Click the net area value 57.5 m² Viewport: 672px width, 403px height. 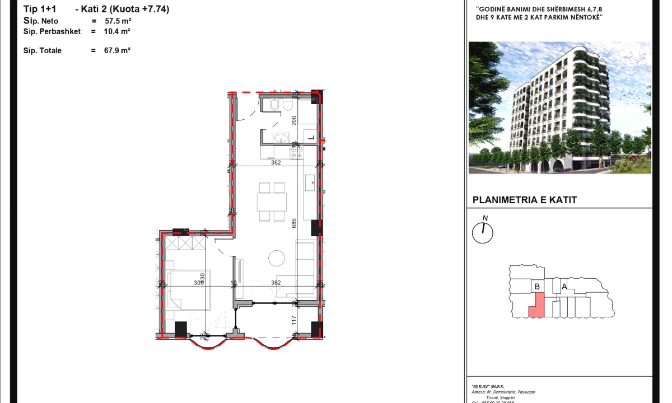coord(118,21)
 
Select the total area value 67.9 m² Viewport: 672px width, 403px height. coord(117,50)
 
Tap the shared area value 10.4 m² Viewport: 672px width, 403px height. coord(117,32)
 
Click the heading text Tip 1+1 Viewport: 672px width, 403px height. coord(40,9)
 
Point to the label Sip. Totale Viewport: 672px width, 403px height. coord(43,50)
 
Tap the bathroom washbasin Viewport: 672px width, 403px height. coord(281,138)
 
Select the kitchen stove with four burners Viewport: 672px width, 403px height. coord(296,149)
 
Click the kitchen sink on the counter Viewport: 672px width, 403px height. coord(310,182)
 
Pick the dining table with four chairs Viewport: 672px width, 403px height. coord(272,201)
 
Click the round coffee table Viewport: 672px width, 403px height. coord(276,258)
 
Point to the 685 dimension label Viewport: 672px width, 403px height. coord(294,223)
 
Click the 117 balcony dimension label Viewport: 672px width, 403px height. coord(293,320)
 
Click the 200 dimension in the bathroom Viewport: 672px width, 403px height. coord(294,120)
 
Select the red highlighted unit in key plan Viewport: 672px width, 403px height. coord(536,306)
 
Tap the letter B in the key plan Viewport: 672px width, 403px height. coord(537,287)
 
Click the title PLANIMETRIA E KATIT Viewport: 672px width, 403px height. coord(524,200)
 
